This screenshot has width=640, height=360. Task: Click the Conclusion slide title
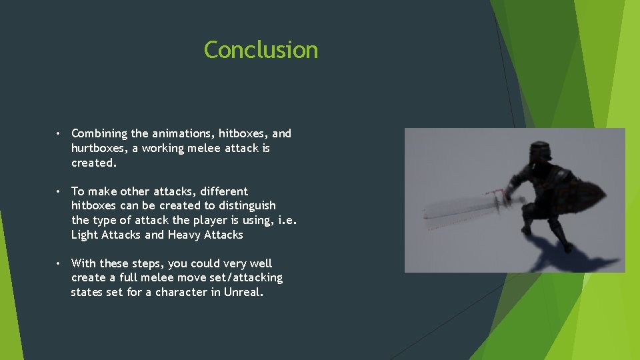pos(261,50)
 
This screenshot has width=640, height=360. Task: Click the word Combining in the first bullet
pos(100,134)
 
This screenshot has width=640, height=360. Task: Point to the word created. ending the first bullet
pos(94,163)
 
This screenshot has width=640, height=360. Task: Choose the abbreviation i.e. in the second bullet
pos(287,220)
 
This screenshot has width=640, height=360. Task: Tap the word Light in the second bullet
pos(85,235)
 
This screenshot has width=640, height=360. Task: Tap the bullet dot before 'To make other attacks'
pos(59,191)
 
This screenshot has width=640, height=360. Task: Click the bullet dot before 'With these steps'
pos(59,263)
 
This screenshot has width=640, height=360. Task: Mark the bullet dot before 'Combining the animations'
pos(59,134)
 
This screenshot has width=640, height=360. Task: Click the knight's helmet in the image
pos(538,153)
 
